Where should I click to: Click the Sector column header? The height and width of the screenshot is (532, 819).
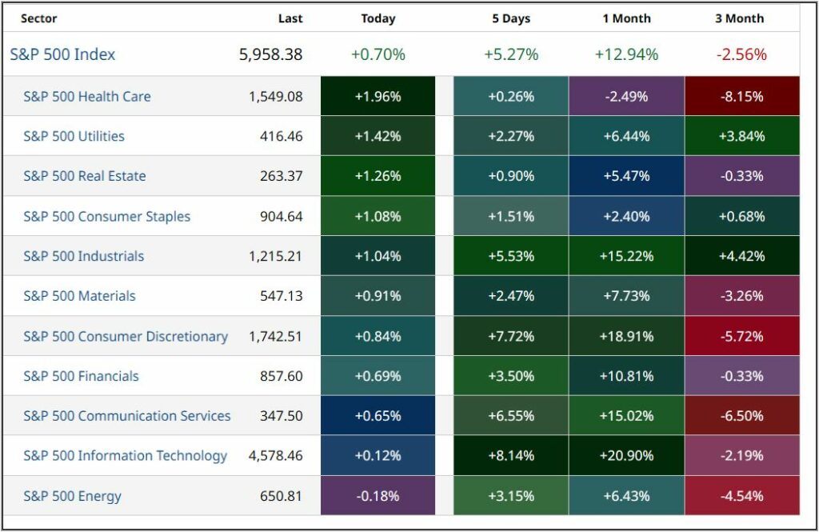[38, 18]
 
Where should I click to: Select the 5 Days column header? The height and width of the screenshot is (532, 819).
[511, 18]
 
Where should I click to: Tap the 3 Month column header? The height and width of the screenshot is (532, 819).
[740, 18]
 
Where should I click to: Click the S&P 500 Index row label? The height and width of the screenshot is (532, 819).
[62, 54]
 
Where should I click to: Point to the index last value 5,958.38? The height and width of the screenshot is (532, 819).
[270, 54]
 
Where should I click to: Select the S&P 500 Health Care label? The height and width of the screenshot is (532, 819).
[87, 96]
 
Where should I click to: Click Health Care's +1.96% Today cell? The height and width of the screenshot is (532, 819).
[378, 96]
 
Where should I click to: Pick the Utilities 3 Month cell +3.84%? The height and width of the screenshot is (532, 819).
[741, 136]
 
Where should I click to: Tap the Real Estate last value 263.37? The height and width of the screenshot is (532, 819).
[282, 176]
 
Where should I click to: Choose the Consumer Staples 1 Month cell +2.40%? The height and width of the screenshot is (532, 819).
[626, 216]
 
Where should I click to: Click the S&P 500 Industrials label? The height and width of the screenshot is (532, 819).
[84, 256]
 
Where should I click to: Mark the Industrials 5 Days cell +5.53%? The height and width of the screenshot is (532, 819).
[511, 256]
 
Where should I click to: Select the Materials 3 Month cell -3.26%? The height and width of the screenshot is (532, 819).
[741, 296]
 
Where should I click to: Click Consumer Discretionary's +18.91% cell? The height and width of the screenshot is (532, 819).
[626, 336]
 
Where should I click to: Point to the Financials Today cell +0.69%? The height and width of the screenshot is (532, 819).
[378, 376]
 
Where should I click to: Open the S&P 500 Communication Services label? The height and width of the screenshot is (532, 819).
[126, 416]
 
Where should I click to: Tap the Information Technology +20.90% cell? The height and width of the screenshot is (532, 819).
[626, 456]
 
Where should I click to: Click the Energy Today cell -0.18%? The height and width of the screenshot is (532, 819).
[378, 496]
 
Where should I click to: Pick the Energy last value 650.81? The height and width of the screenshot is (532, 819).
[282, 496]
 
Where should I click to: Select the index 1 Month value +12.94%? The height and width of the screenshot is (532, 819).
[626, 54]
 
